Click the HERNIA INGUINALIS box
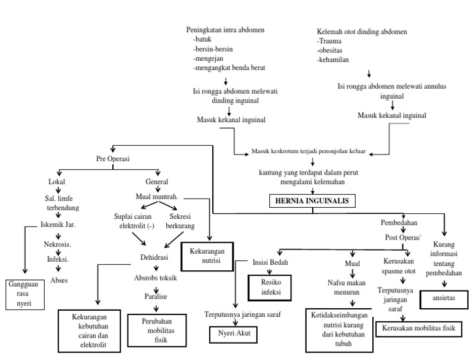click(312, 200)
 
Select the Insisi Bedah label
click(271, 262)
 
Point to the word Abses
click(59, 280)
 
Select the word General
click(156, 182)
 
